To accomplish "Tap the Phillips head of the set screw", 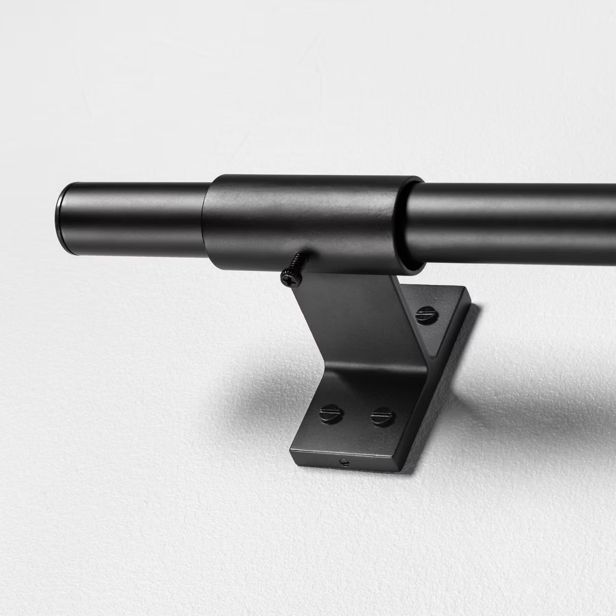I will click(x=285, y=278).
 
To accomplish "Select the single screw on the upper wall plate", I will click(x=426, y=313).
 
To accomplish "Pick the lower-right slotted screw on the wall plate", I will click(x=381, y=415).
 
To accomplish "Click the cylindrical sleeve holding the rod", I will click(x=308, y=221).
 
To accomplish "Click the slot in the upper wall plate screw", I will click(x=426, y=313).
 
